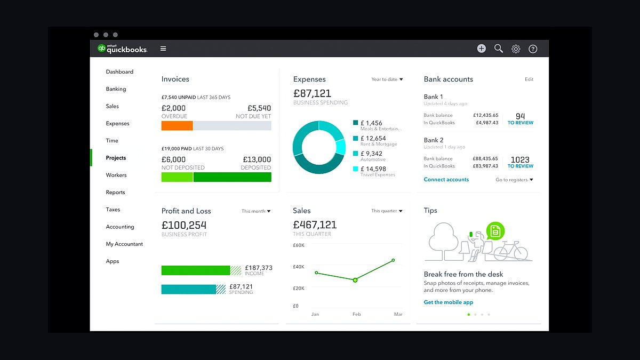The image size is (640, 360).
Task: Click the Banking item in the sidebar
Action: point(116,89)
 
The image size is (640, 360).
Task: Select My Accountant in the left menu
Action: point(124,244)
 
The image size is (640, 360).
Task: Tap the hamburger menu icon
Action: point(163,49)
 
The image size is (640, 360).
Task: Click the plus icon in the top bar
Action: point(482,49)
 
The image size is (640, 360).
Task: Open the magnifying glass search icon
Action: point(499,49)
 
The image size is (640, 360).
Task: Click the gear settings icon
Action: point(516,49)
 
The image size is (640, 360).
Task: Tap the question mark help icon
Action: point(533,49)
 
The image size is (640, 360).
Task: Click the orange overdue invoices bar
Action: point(177,126)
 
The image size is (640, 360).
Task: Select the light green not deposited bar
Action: point(177,177)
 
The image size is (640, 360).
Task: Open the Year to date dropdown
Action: point(387,79)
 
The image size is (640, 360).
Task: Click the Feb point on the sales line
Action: point(355,280)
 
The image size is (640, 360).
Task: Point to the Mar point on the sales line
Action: point(394,260)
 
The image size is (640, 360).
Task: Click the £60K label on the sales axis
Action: point(299,245)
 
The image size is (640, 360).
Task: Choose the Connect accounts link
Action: point(446,179)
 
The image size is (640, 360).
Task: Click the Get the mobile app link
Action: point(449,302)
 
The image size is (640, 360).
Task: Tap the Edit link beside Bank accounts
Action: point(529,79)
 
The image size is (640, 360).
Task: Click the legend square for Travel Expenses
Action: point(355,169)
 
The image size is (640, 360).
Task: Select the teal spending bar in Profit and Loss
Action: point(189,290)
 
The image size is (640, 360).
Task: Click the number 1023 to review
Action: point(520,159)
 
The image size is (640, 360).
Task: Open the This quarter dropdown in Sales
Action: point(387,211)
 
